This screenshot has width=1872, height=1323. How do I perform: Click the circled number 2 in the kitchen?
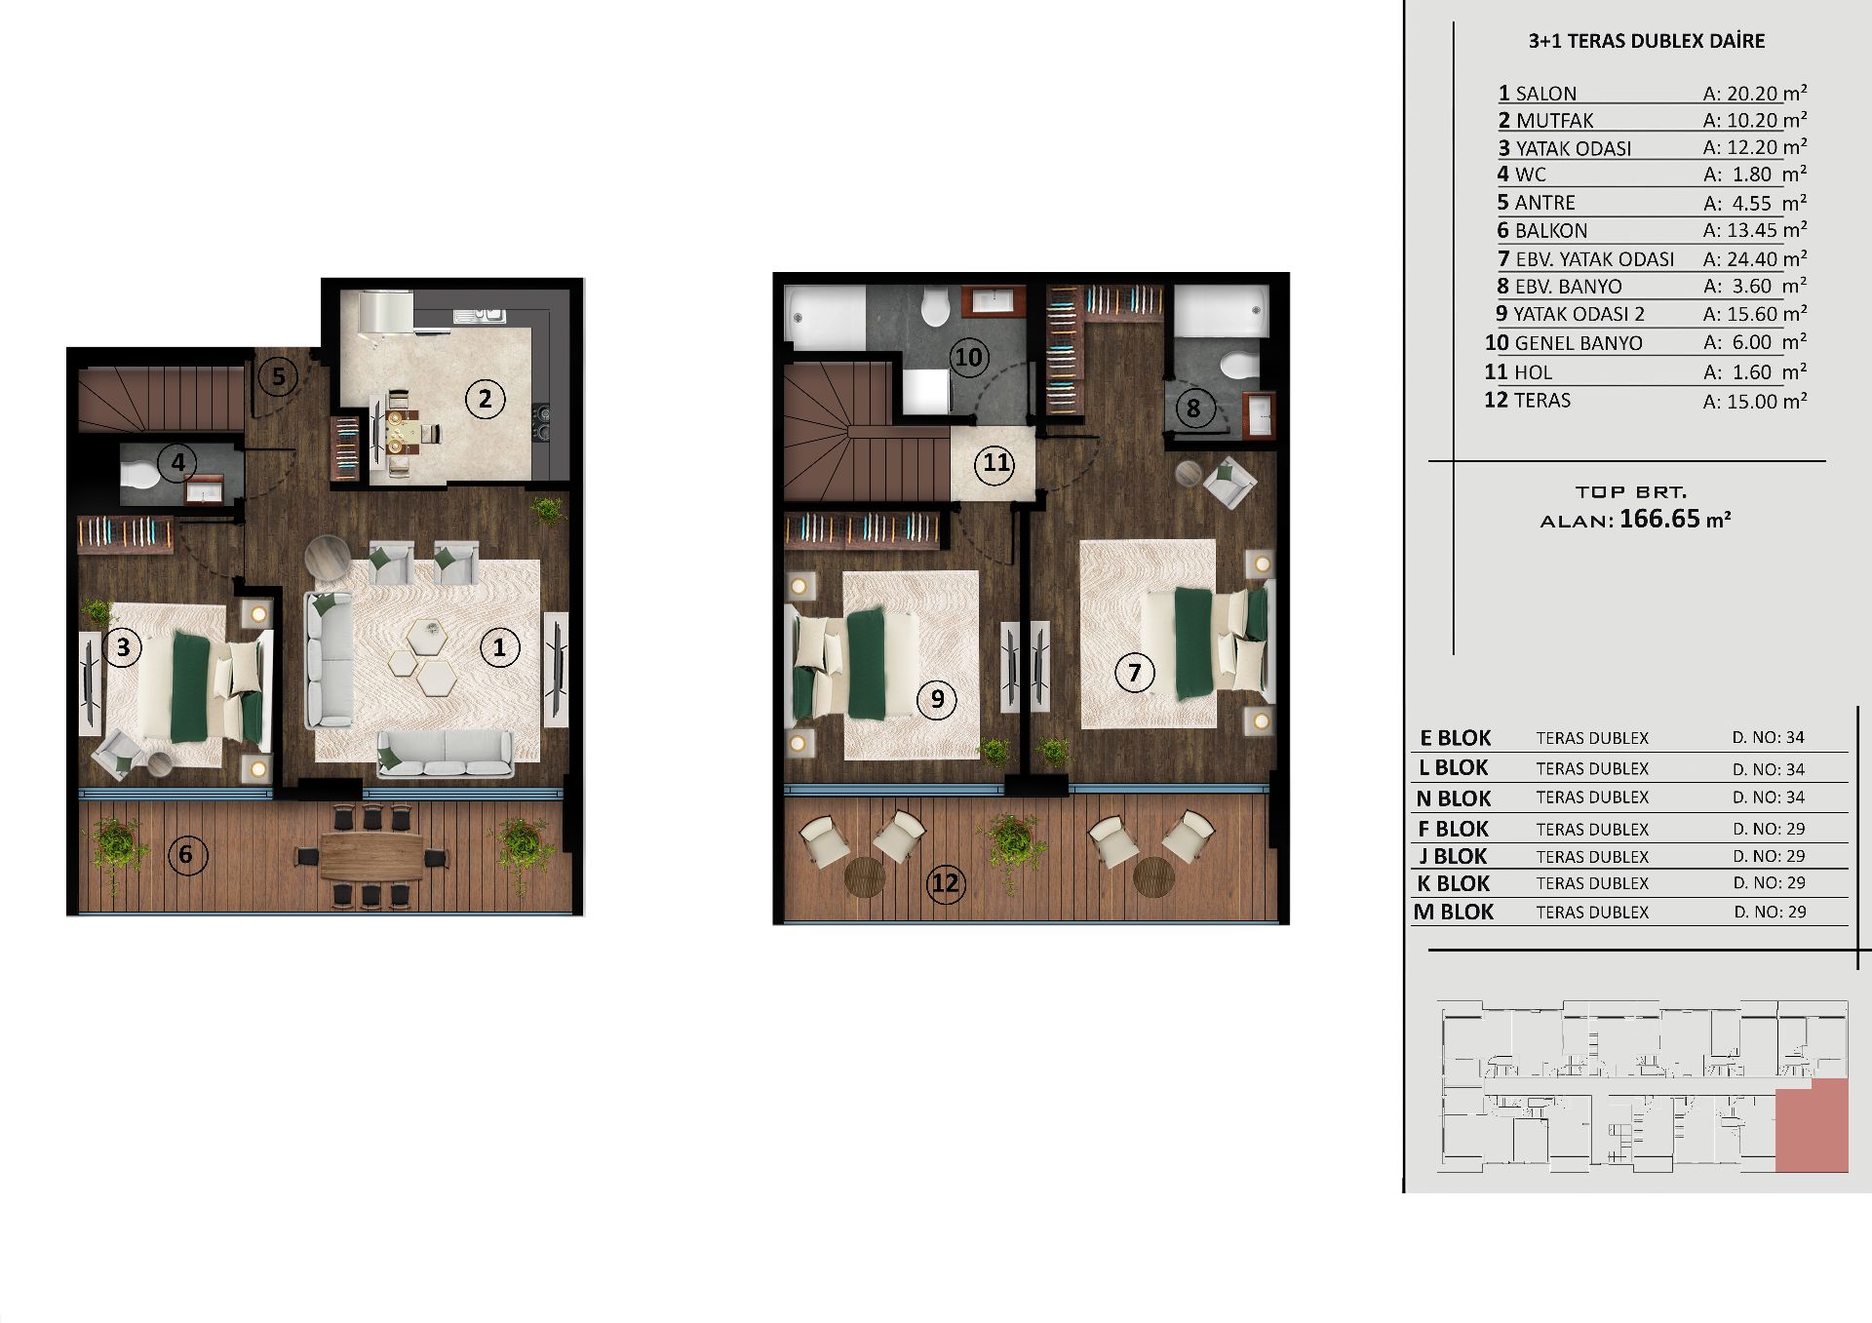485,398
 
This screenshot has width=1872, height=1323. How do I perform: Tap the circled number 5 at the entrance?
278,376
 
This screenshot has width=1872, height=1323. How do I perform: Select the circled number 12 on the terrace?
945,883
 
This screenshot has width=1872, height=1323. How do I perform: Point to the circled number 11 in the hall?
995,462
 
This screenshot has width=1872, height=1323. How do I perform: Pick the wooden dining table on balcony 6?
370,856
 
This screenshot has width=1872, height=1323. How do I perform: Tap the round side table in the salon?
327,560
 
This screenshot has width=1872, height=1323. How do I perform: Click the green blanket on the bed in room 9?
865,663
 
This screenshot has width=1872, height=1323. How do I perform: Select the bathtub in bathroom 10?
825,314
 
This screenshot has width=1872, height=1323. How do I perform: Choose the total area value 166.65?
1659,519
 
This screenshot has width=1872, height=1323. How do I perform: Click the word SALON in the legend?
1546,94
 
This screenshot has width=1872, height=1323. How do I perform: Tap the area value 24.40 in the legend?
1752,259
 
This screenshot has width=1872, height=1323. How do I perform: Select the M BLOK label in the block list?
1454,912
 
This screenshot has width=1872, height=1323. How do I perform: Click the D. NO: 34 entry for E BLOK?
1769,737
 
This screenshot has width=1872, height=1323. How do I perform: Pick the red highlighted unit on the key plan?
1812,1125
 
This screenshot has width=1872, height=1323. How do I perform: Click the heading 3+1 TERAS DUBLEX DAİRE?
1647,41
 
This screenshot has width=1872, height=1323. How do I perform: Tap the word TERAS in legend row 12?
1542,400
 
